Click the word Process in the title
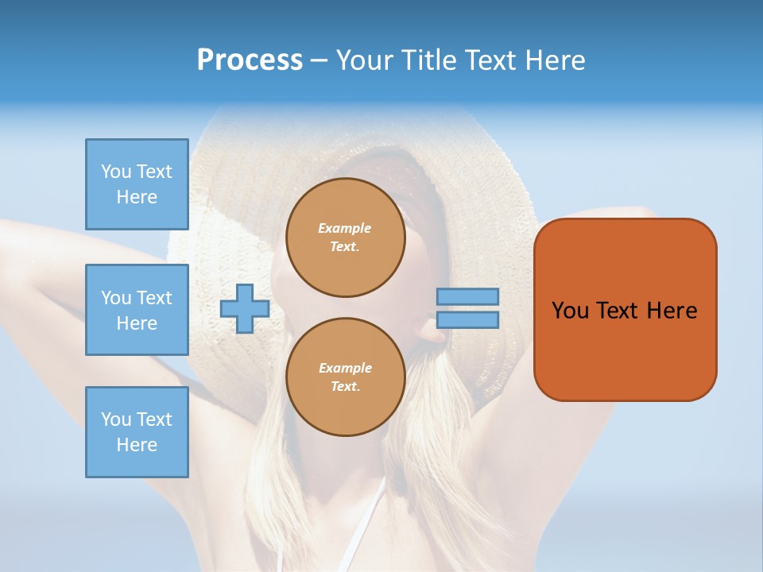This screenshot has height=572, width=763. click(250, 60)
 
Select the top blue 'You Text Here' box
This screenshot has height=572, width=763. click(137, 184)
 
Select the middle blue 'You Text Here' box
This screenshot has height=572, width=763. click(137, 310)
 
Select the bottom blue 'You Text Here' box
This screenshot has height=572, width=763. click(137, 432)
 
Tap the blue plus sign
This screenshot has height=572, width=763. click(245, 309)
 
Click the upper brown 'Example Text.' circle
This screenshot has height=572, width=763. click(345, 238)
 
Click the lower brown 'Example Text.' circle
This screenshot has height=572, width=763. click(345, 377)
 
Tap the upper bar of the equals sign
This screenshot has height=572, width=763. click(467, 296)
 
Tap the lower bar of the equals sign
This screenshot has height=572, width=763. click(467, 319)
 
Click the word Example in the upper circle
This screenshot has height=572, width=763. click(345, 228)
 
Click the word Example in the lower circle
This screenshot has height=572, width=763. click(345, 368)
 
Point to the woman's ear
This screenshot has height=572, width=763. click(434, 332)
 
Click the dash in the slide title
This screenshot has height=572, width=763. click(319, 60)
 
